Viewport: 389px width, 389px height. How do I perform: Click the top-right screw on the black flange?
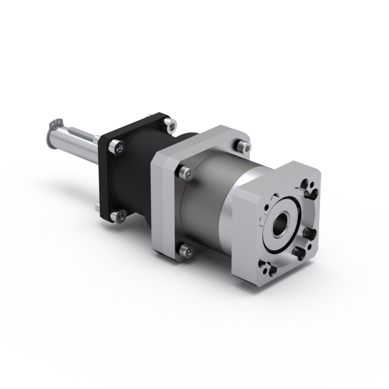coord(170,124)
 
